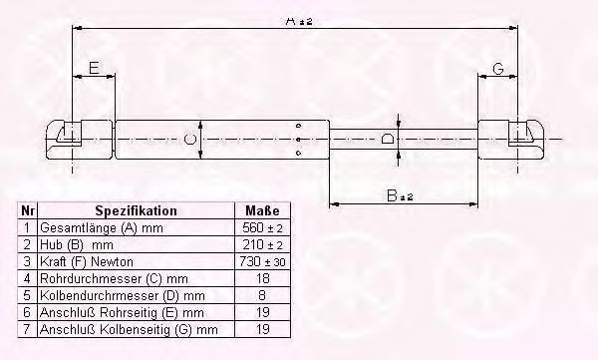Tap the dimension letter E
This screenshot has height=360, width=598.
pyautogui.click(x=94, y=68)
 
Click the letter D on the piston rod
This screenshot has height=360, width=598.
pyautogui.click(x=387, y=139)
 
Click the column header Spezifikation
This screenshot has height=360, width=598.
pyautogui.click(x=136, y=211)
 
